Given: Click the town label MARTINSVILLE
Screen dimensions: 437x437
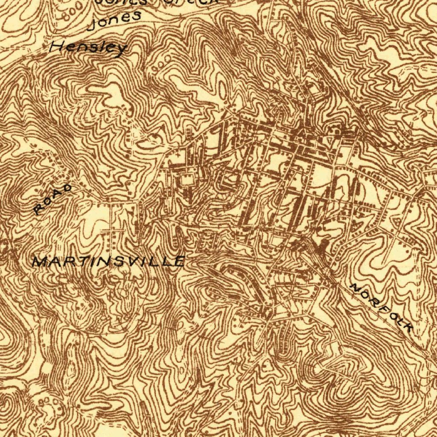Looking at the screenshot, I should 109,261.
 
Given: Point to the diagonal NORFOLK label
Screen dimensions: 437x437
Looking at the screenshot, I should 381,307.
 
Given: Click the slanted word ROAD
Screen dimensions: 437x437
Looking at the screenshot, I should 53,199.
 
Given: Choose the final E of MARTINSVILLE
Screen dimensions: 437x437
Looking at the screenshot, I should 179,261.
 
